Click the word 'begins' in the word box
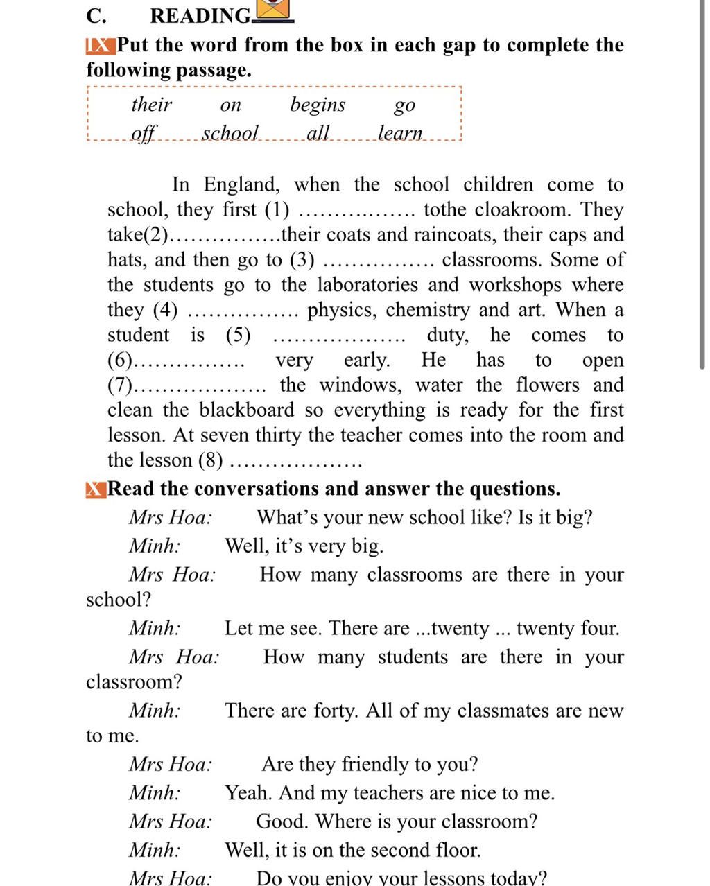pos(318,105)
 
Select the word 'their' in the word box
pos(151,105)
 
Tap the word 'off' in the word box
pos(144,132)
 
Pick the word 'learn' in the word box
pos(400,132)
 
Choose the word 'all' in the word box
pos(318,132)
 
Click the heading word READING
pos(200,15)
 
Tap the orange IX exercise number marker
pos(99,46)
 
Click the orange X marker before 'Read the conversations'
pos(96,489)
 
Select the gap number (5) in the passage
pos(238,335)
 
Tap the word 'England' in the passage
pos(241,184)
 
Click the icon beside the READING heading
pos(274,10)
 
